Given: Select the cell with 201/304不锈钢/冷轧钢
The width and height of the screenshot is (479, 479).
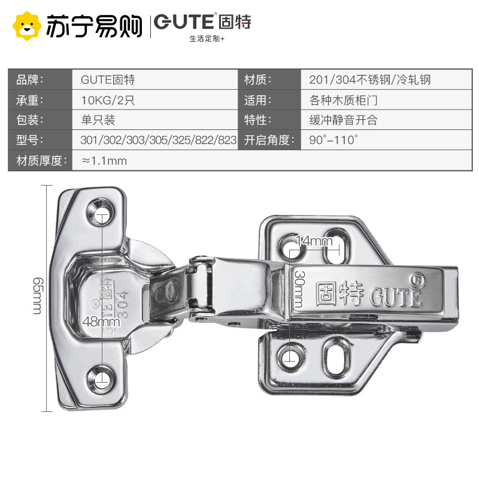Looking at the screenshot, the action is pos(370,79).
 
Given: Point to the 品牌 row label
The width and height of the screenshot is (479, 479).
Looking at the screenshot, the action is pos(31,79).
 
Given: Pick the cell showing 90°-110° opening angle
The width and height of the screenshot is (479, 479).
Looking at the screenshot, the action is pos(334,141).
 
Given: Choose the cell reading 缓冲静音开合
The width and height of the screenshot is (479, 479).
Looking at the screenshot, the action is pos(344,120).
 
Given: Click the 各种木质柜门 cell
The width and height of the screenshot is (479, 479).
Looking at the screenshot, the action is pos(344,100).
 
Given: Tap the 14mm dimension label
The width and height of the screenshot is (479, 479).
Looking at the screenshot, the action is pos(314,241).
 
